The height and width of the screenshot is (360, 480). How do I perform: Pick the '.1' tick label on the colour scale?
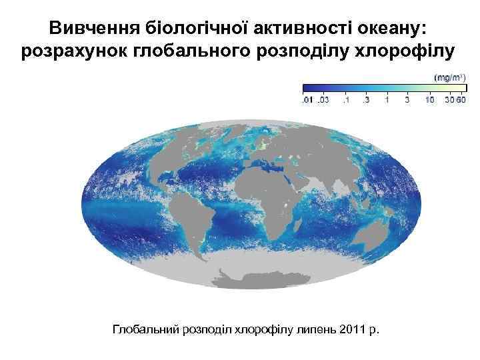(345, 100)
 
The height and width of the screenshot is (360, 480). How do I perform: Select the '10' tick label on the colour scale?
(430, 100)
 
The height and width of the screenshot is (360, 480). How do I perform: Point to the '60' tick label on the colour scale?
(460, 100)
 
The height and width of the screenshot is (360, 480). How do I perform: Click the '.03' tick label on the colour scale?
(323, 100)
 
